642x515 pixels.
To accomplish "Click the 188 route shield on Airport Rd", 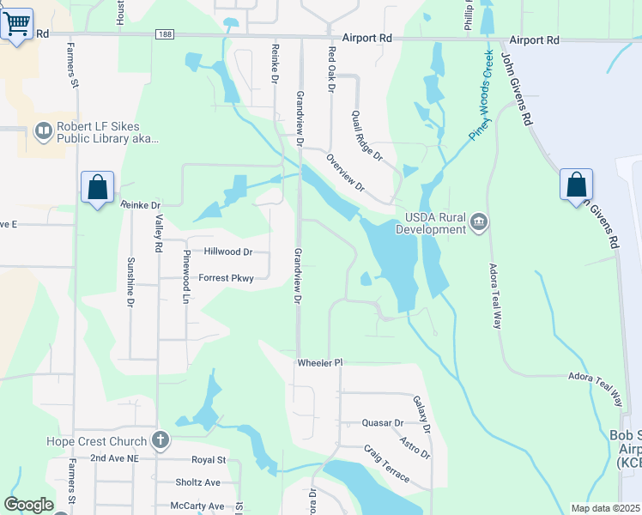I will pos(165,34).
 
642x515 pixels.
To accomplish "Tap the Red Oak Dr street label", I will pos(330,70).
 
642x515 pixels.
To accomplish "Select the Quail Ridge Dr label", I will pos(366,135).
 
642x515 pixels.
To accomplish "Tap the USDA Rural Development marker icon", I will pos(479,224).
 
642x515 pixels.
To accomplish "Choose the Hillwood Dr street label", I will pos(228,252).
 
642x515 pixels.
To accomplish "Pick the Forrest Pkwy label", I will pos(227,278).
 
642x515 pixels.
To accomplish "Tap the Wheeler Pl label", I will pos(320,363).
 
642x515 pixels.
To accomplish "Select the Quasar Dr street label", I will pos(383,423).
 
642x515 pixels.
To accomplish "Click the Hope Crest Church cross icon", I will pos(159,441).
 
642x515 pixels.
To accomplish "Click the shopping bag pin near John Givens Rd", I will pos(577,185).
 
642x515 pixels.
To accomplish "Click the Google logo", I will pos(28,505).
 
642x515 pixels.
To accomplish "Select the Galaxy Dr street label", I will pos(421,414).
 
